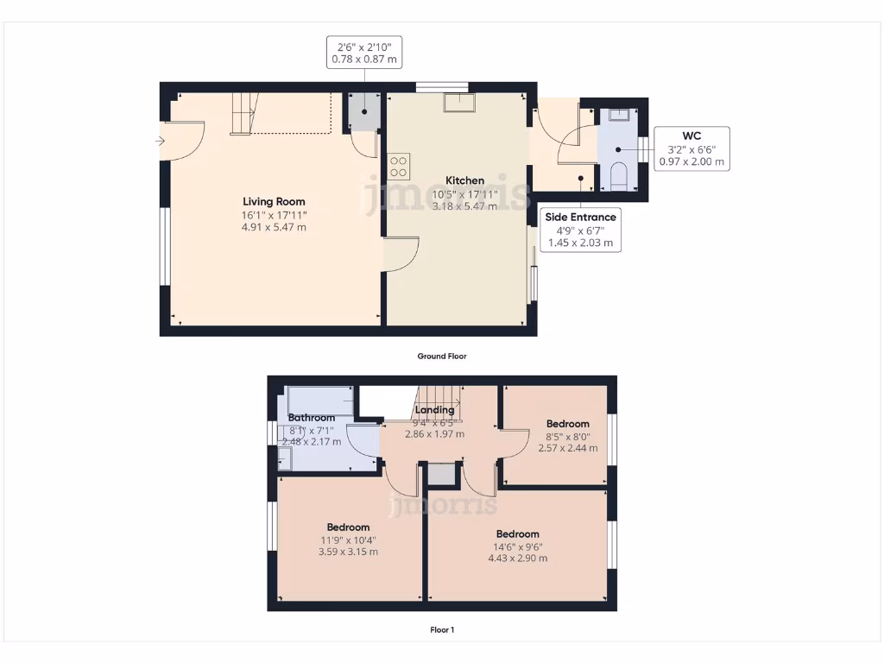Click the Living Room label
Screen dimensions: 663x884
[274, 202]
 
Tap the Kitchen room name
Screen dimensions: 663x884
[464, 180]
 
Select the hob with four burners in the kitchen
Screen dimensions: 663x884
[399, 165]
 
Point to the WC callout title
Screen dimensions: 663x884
[691, 136]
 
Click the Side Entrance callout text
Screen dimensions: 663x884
[581, 218]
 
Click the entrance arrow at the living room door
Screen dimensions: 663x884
[160, 141]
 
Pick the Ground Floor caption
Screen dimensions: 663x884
[442, 356]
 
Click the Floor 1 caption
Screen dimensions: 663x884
[442, 629]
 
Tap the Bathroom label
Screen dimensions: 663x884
[311, 418]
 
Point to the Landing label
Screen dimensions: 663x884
[434, 410]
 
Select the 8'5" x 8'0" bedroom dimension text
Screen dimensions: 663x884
[567, 436]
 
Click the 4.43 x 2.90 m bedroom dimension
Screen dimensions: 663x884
[517, 559]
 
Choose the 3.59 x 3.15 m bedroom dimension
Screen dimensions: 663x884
[348, 552]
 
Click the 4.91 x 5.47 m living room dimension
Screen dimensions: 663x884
[274, 227]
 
